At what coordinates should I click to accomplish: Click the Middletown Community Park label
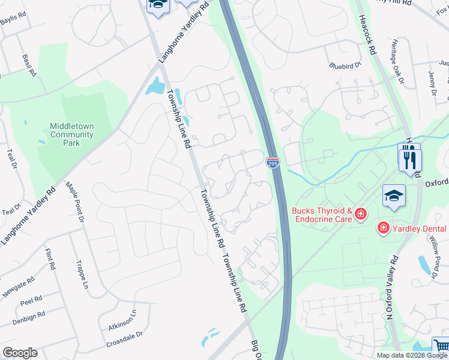71,135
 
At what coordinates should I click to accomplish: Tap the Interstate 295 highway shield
273,162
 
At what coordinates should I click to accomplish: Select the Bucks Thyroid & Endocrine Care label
322,215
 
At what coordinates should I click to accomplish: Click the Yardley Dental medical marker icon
382,228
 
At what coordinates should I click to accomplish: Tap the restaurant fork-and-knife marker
410,160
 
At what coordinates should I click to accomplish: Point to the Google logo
20,353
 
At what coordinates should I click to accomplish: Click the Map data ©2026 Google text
412,355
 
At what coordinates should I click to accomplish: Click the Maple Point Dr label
74,203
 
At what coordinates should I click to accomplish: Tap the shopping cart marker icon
441,346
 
